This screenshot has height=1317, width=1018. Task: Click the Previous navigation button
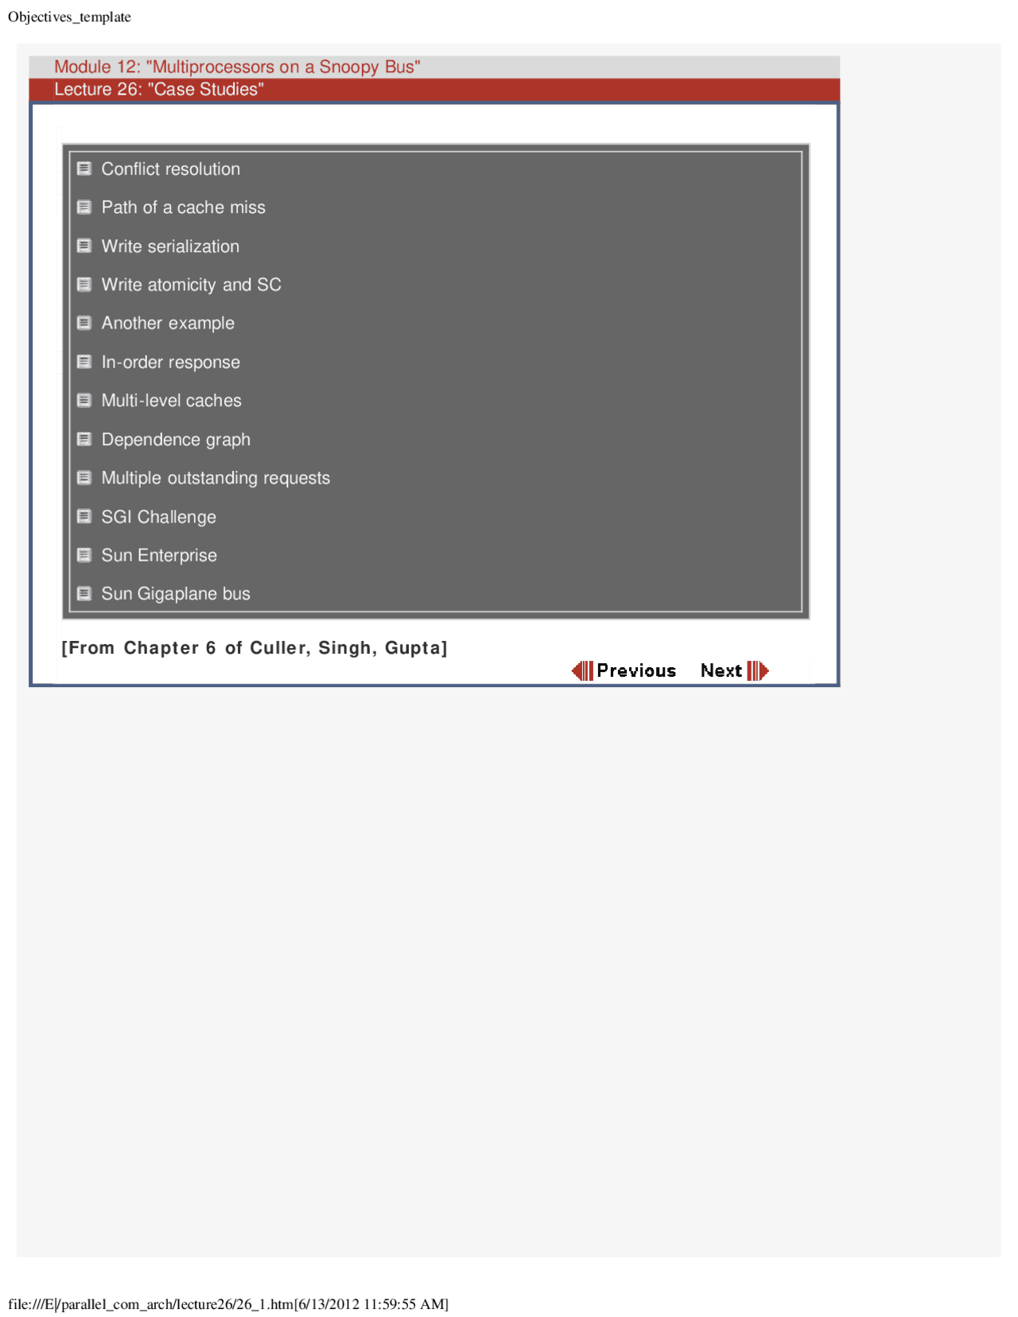point(624,670)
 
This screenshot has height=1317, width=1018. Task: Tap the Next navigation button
point(733,670)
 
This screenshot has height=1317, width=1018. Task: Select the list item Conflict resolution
point(170,169)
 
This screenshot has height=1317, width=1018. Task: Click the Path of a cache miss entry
point(183,208)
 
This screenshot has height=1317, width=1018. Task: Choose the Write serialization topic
point(170,247)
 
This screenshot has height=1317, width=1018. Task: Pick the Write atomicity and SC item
point(191,285)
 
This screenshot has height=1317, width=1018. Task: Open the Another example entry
point(168,324)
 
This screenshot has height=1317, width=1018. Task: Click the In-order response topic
point(170,363)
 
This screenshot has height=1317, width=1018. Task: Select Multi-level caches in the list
point(171,401)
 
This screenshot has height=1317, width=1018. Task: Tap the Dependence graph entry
point(176,440)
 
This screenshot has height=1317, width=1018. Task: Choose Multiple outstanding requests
point(216,478)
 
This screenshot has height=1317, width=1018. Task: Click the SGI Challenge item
point(158,517)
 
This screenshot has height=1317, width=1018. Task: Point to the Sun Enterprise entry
point(159,555)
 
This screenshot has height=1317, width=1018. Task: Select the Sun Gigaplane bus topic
point(176,594)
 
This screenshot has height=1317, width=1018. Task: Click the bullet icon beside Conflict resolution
point(84,169)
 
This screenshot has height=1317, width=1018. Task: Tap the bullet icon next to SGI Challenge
point(84,516)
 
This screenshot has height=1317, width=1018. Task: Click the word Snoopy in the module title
point(348,67)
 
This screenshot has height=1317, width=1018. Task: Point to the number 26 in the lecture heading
point(129,89)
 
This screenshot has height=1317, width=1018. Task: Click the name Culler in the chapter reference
point(278,648)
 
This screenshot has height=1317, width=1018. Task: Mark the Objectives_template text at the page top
point(69,17)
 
